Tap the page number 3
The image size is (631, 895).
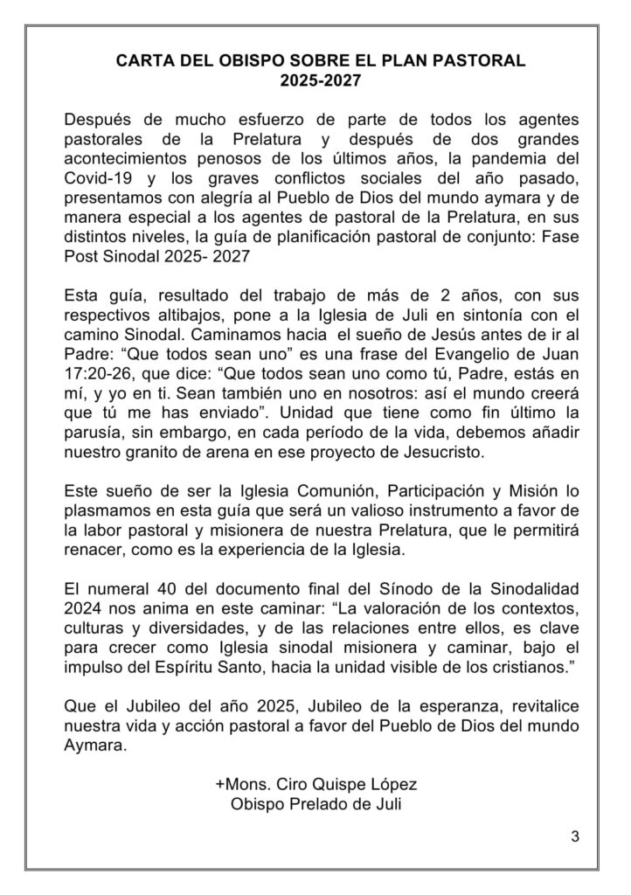point(574,836)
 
